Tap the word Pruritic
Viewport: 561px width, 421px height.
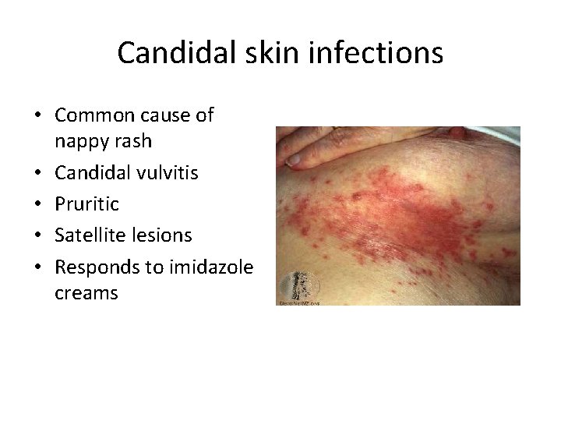[x=86, y=203]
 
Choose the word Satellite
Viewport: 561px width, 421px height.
[x=87, y=234]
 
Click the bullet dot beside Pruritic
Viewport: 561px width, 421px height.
[x=37, y=204]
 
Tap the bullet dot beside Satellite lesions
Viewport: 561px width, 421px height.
[x=37, y=235]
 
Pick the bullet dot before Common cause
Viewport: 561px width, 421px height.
[x=37, y=116]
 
